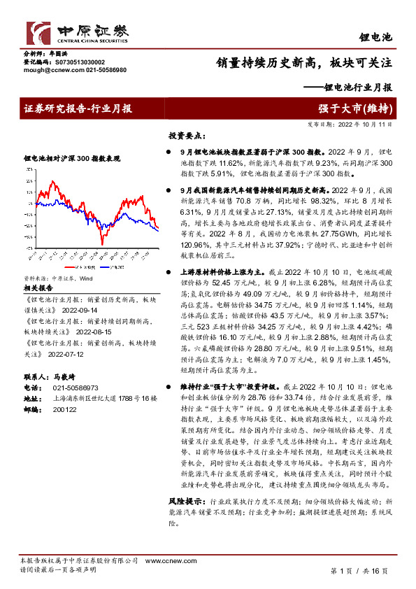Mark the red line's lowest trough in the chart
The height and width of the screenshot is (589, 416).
click(x=103, y=243)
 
